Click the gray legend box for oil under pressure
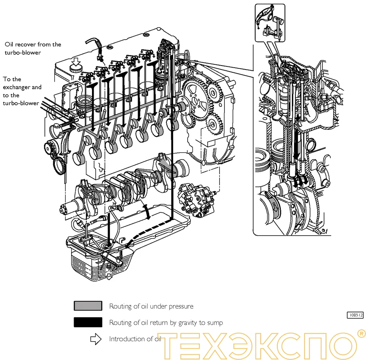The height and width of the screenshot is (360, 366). tap(88, 306)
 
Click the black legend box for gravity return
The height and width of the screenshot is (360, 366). tap(88, 322)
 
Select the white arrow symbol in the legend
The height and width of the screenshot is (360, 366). tap(95, 339)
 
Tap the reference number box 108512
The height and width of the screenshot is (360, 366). tap(355, 316)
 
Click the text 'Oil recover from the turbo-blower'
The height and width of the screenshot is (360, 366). tap(33, 48)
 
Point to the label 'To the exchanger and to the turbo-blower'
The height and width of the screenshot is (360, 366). tap(22, 91)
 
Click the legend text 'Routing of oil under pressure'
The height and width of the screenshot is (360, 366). tap(151, 306)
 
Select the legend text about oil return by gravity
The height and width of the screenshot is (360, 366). tap(166, 322)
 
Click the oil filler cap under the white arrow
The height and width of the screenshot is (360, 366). tap(75, 69)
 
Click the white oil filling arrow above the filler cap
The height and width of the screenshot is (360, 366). tap(75, 61)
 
